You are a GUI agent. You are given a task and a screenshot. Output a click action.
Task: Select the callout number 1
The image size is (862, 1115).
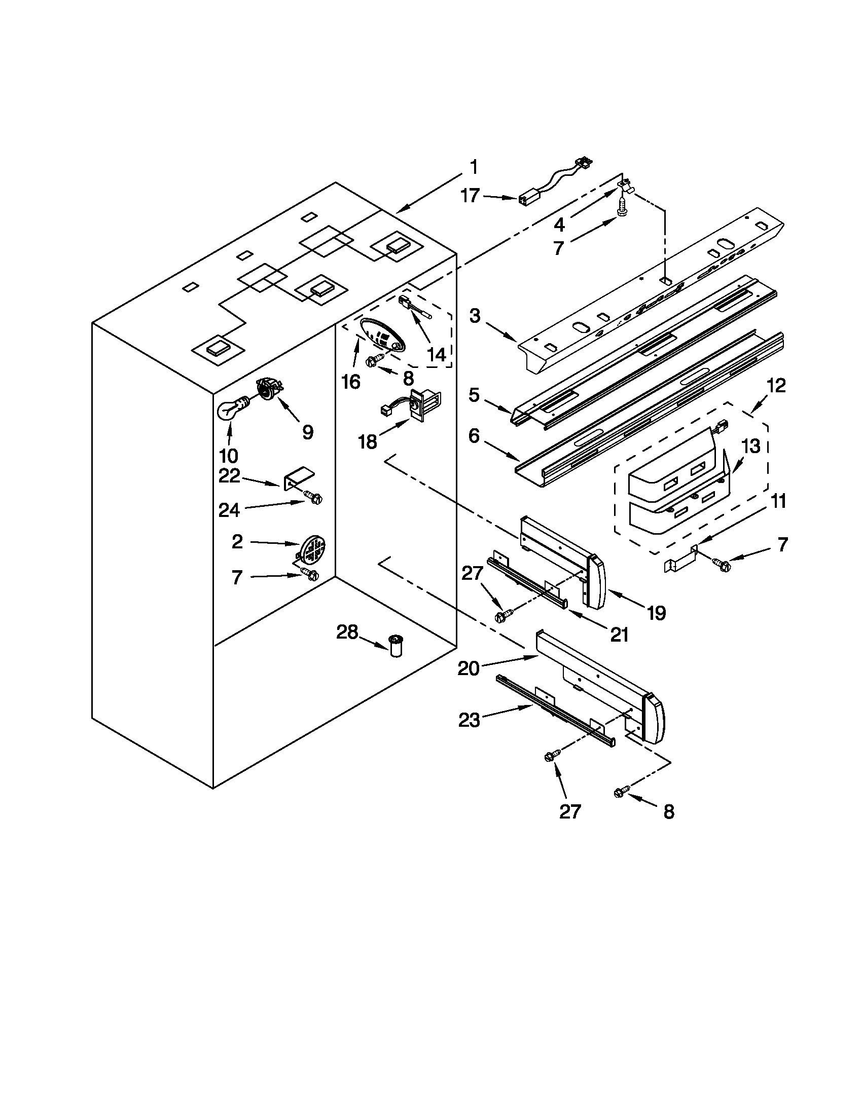click(474, 167)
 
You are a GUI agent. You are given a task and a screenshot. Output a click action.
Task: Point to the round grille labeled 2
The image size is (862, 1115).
click(314, 549)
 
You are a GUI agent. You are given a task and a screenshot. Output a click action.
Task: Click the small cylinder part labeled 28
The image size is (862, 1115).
click(396, 646)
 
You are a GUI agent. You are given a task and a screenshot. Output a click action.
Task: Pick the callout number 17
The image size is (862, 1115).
click(471, 196)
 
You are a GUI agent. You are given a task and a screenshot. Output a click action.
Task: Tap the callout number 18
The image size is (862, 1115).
click(368, 441)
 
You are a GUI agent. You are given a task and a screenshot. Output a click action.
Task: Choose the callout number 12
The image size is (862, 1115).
click(776, 386)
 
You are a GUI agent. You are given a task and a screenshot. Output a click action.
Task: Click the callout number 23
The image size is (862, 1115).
click(470, 720)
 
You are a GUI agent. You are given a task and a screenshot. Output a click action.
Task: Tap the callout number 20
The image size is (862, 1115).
click(468, 668)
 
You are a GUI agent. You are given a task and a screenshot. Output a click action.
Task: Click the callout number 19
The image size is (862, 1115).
click(657, 613)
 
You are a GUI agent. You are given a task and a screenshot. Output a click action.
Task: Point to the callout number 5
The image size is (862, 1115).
click(475, 395)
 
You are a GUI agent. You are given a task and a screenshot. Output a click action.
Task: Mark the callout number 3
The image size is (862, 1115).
click(475, 316)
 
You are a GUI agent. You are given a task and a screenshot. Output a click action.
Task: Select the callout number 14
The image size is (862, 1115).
click(437, 354)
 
